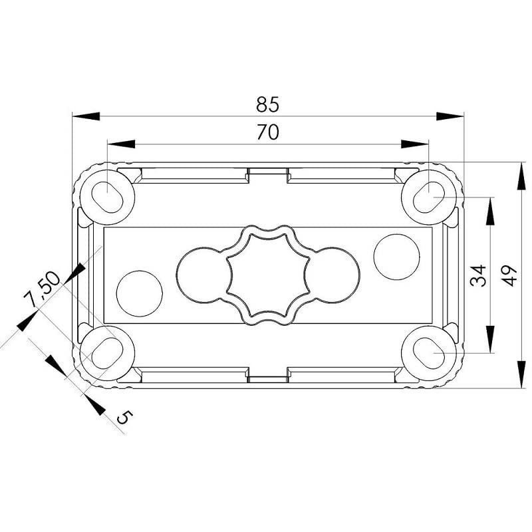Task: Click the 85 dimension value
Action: coord(268,104)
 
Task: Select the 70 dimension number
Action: coord(268,132)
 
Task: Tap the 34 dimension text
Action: coord(478,275)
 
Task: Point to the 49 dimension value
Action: coord(509,275)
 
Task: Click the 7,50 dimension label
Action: coord(41,289)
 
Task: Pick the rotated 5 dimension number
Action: coord(124,417)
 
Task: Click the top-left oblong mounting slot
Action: coord(107,198)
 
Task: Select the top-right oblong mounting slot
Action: coord(429,198)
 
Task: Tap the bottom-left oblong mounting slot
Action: coord(107,353)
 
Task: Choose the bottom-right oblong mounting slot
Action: coord(429,353)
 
